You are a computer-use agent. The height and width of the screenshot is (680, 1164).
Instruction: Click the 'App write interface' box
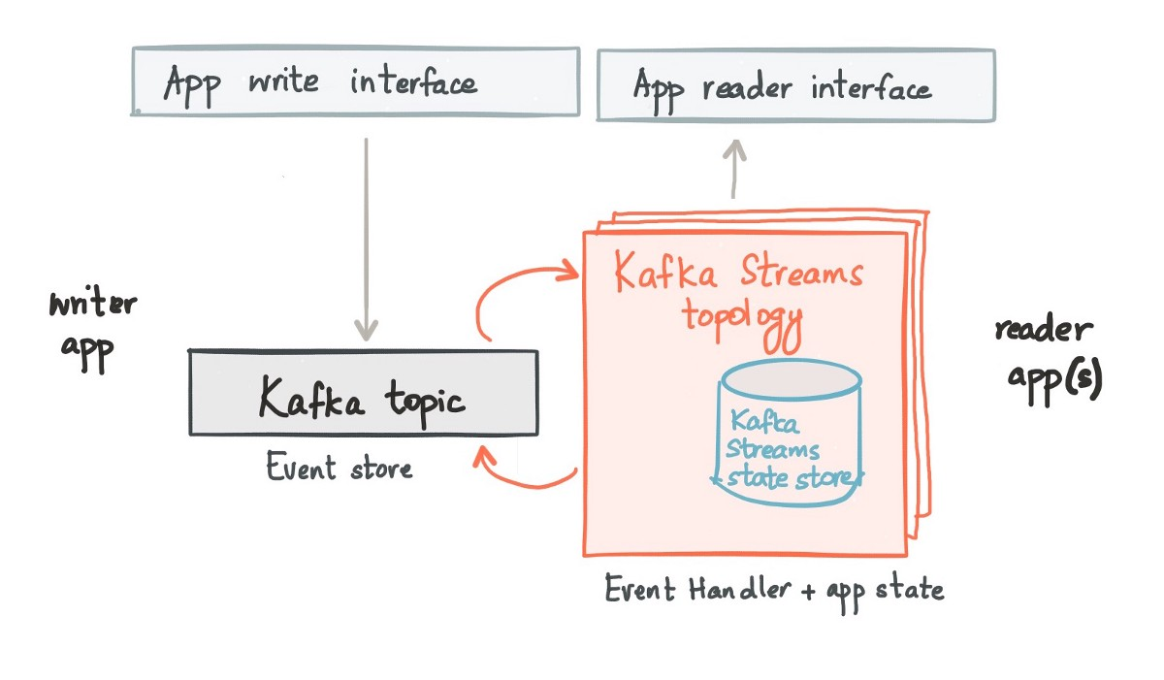coord(355,81)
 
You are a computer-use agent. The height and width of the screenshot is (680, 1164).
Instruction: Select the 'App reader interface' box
coord(796,85)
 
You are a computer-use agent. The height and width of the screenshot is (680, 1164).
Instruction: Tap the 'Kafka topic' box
coord(363,393)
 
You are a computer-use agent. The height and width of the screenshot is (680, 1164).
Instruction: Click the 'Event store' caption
coord(339,466)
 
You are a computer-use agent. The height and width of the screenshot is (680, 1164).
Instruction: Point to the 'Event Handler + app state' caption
coord(774,592)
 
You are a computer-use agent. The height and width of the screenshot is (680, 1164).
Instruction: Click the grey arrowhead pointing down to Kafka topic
coord(367,330)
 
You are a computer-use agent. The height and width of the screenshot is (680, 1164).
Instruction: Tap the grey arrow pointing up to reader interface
coord(734,169)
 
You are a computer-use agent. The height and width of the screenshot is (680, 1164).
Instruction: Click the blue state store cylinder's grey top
coord(792,379)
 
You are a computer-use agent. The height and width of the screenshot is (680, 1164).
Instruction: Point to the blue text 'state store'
coord(789,478)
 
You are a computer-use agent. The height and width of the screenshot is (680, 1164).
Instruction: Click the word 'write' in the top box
coord(283,81)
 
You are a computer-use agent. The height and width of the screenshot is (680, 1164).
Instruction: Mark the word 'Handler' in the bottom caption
coord(740,589)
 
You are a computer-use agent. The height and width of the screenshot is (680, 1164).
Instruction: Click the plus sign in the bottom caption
coord(808,591)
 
